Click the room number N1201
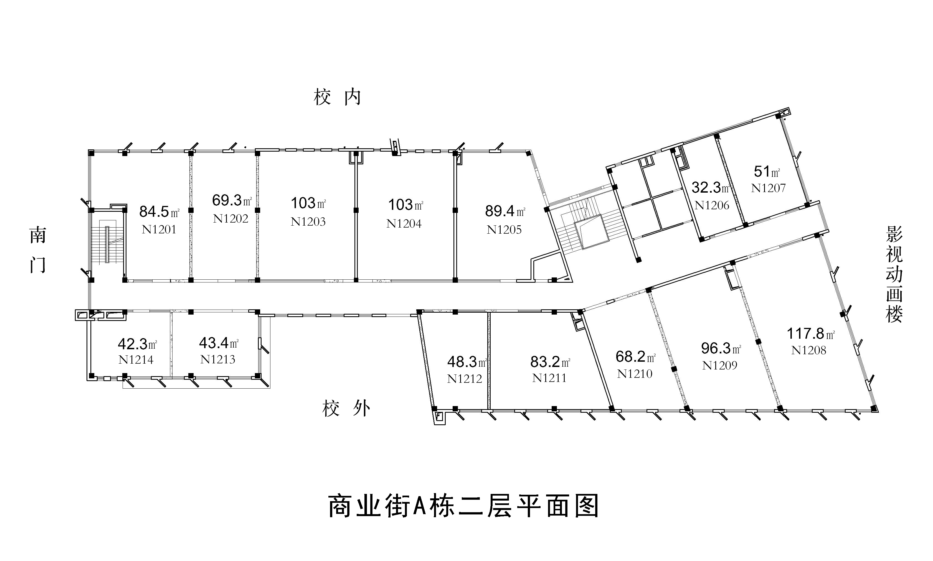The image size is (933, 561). click(x=159, y=229)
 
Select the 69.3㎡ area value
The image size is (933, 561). click(x=232, y=200)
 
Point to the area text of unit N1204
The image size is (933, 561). click(x=405, y=205)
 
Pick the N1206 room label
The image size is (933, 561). click(x=711, y=205)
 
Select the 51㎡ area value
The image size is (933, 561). click(x=767, y=172)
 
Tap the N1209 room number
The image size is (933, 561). click(x=719, y=365)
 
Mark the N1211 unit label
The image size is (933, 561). click(x=549, y=378)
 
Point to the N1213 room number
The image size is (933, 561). click(x=217, y=359)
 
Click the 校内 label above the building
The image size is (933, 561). click(x=337, y=98)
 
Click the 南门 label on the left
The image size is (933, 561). click(x=37, y=250)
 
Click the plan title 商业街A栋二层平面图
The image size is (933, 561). click(x=463, y=506)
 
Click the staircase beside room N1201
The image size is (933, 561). click(x=107, y=244)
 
